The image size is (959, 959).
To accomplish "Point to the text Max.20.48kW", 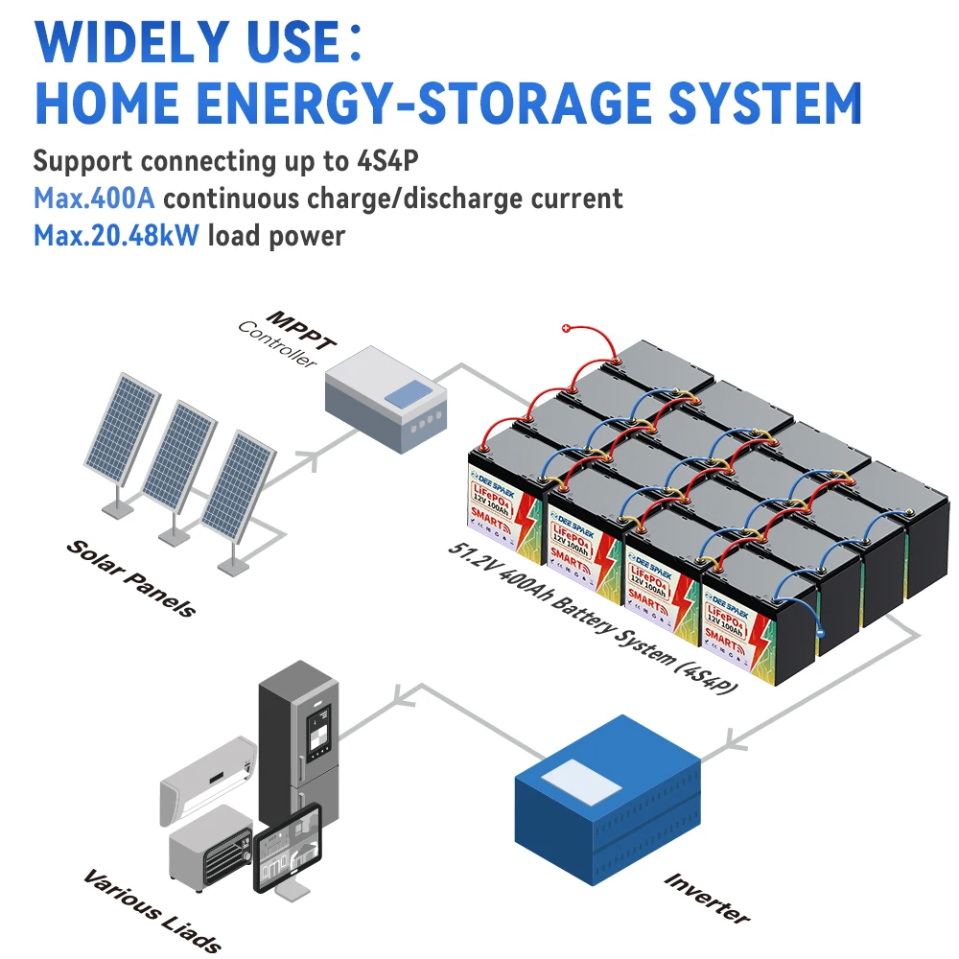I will tap(116, 235).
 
